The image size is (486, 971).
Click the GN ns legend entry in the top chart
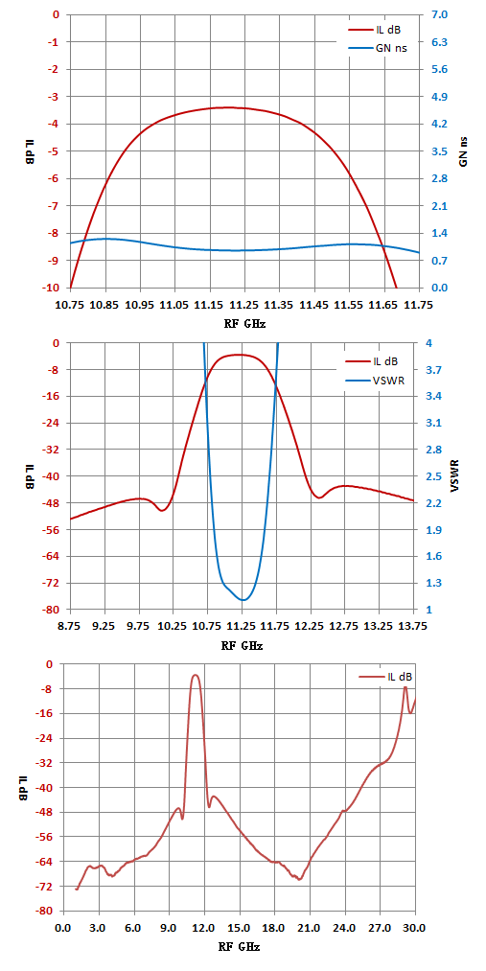tap(377, 48)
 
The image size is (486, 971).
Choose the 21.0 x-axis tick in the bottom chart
tap(309, 929)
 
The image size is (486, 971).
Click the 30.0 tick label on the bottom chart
tap(415, 929)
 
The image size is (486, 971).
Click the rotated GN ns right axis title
tap(463, 150)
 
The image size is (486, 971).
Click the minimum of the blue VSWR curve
tap(243, 600)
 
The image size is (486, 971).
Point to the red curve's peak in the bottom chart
tap(196, 675)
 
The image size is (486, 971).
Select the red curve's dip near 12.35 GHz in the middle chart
tap(319, 497)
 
